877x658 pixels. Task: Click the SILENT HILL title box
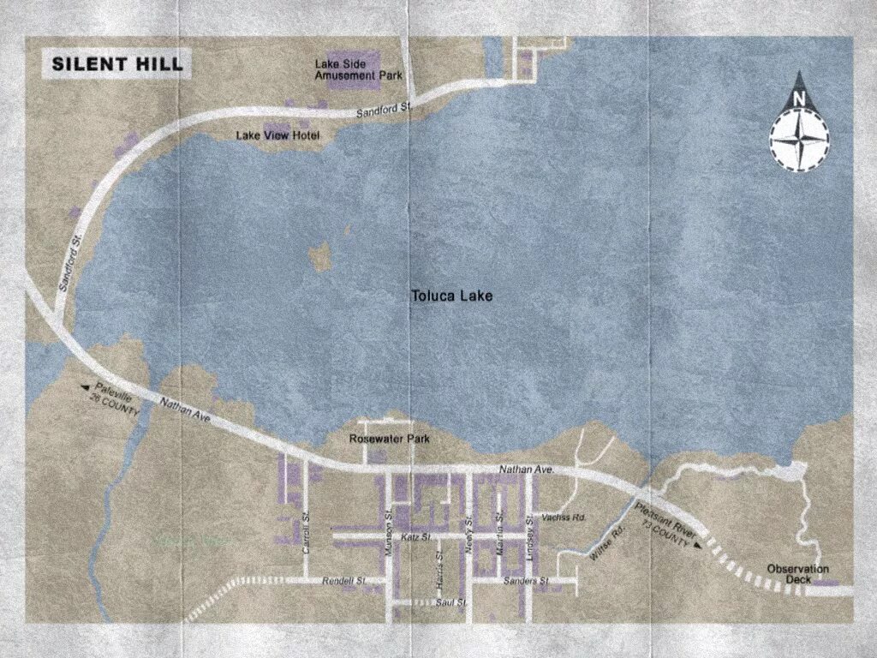point(117,64)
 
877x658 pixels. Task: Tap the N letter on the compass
point(798,99)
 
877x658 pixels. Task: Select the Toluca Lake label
point(452,296)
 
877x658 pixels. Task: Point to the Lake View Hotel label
point(277,136)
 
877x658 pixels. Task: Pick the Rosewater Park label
point(389,440)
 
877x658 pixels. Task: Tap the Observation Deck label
point(798,574)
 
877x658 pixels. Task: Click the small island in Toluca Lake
point(321,255)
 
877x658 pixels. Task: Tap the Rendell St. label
point(343,581)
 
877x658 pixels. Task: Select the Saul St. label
point(450,603)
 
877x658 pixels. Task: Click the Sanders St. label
point(526,581)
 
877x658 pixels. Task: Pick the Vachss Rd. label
point(564,518)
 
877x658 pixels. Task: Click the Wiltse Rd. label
point(608,542)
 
